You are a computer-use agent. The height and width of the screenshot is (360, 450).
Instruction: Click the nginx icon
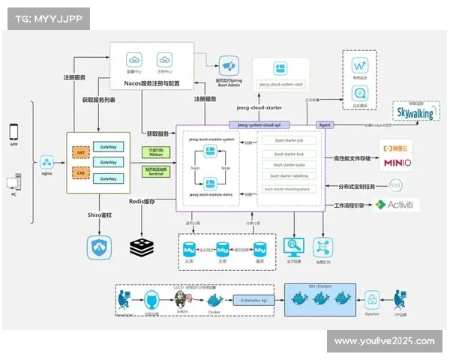point(46,162)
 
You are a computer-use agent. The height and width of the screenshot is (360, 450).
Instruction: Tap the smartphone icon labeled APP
point(13,132)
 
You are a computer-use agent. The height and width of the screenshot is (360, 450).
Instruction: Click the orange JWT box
point(80,151)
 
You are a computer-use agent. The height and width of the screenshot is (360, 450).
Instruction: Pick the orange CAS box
point(80,173)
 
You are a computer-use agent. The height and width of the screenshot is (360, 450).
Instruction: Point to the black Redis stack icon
point(140,247)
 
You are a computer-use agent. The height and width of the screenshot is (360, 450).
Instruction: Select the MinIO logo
point(397,162)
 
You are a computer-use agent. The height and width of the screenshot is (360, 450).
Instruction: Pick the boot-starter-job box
point(289,141)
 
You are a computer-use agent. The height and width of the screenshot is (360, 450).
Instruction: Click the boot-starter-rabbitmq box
point(289,176)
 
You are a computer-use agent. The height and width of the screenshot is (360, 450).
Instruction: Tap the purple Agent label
point(325,125)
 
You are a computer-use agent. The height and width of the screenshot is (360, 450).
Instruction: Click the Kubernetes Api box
point(253,299)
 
